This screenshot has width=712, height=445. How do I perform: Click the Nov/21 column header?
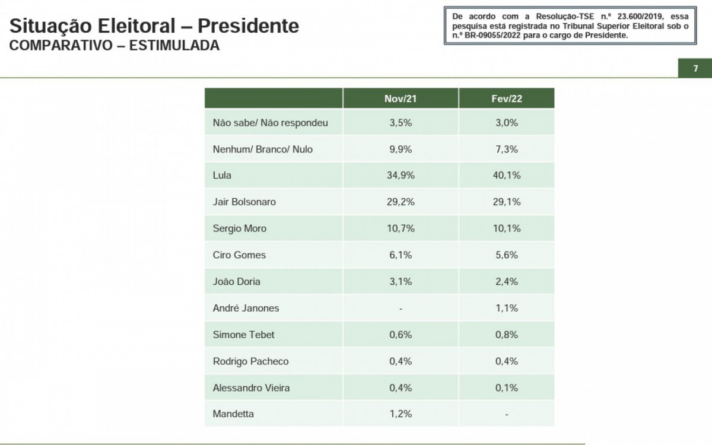click(x=401, y=98)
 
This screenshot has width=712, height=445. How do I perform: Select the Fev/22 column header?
click(x=506, y=98)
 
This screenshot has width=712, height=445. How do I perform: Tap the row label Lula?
click(x=222, y=176)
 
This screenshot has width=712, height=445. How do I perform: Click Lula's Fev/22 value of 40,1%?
click(x=506, y=176)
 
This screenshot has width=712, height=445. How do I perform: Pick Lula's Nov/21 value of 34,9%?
click(x=401, y=176)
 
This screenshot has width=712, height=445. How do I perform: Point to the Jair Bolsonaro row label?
click(x=244, y=202)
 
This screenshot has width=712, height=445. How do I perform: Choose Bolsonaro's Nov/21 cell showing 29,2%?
click(x=401, y=202)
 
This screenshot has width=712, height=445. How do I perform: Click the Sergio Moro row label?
click(x=239, y=228)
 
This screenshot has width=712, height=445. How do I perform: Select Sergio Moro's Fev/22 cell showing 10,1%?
click(x=506, y=228)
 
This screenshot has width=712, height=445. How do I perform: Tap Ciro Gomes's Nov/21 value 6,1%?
click(x=401, y=255)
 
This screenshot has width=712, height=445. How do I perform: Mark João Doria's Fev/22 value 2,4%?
click(x=506, y=281)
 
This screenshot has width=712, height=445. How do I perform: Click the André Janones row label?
click(x=246, y=308)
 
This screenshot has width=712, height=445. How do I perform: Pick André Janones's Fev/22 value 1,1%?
click(x=506, y=308)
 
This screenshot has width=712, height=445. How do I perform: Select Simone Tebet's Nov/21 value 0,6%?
click(x=401, y=335)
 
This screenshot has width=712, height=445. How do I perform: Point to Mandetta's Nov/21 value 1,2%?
click(x=401, y=414)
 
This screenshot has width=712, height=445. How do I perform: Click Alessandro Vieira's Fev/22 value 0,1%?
click(x=506, y=387)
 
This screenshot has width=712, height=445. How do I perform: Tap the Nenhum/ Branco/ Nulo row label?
click(x=262, y=150)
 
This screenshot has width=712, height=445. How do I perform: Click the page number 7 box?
click(x=695, y=69)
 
